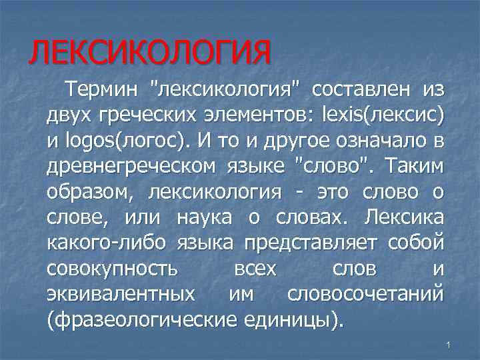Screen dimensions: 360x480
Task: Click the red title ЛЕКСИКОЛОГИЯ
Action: click(x=150, y=52)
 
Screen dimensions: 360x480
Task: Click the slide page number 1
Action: click(x=449, y=344)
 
